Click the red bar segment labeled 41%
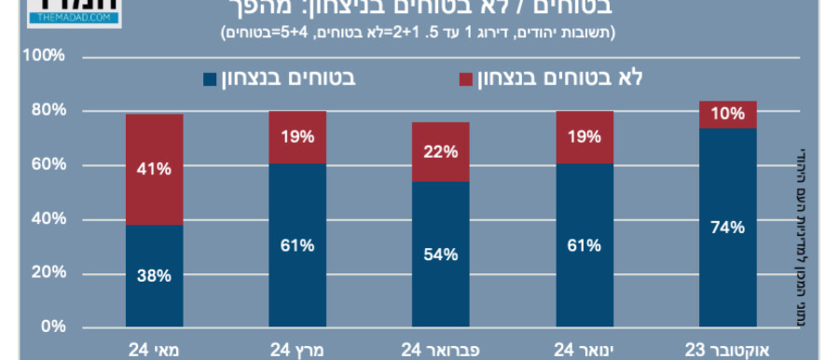click(155, 170)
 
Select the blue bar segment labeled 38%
click(155, 276)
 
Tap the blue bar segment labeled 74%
click(727, 228)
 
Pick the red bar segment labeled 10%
click(727, 115)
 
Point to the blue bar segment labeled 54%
click(441, 255)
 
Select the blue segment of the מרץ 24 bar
click(298, 245)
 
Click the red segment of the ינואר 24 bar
click(585, 138)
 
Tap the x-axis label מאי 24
click(153, 350)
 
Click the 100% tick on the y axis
click(44, 57)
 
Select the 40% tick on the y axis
click(48, 219)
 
